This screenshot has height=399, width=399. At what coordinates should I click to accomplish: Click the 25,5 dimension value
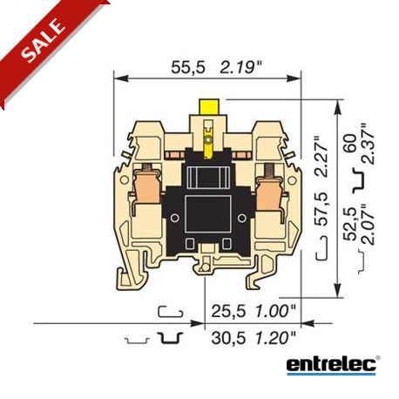pyautogui.click(x=226, y=310)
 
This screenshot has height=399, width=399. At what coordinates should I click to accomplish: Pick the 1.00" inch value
pyautogui.click(x=274, y=310)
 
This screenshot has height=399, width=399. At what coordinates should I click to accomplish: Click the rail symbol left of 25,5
pyautogui.click(x=170, y=311)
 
